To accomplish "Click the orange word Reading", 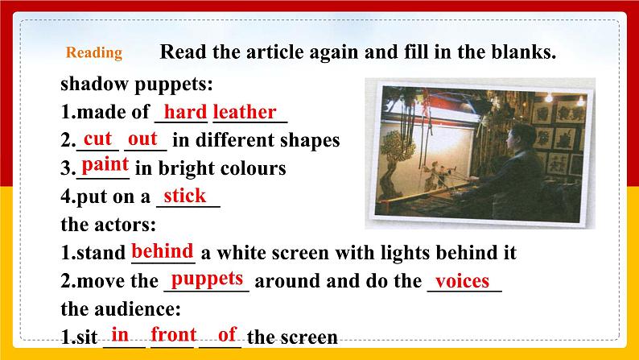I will (94, 54).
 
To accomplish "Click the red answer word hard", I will (185, 112).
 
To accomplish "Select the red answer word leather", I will (245, 112).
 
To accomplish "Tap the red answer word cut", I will (97, 139).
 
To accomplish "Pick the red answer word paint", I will (105, 166).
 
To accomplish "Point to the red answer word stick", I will (184, 196).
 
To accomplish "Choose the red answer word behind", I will (162, 250).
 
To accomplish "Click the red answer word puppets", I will (208, 279).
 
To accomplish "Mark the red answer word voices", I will (463, 281).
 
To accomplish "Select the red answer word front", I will (174, 334).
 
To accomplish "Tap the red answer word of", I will (227, 334).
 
